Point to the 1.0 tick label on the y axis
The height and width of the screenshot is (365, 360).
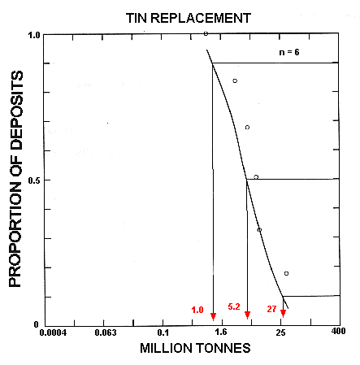(34, 36)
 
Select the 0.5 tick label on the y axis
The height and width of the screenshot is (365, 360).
(34, 180)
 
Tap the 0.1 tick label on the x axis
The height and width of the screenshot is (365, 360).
(163, 333)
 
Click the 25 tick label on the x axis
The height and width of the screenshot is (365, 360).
(280, 333)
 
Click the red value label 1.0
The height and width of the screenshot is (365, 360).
(197, 310)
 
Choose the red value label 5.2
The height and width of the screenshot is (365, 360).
(234, 307)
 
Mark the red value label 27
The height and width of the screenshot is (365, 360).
(271, 310)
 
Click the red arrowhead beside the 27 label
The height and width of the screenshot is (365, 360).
(283, 315)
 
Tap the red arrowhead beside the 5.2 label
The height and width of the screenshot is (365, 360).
(247, 315)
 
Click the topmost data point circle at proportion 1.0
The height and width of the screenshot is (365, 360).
(206, 34)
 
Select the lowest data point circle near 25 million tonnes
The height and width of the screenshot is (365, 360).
(286, 273)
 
